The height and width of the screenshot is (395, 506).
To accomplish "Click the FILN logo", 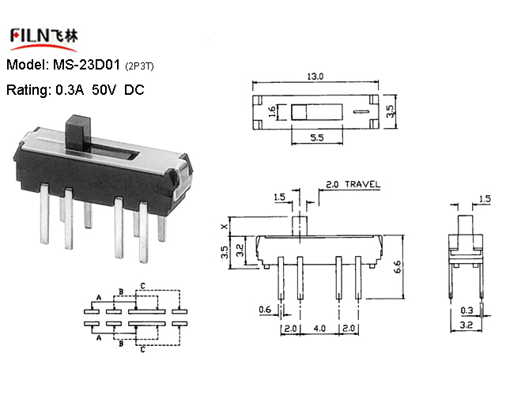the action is [44, 39].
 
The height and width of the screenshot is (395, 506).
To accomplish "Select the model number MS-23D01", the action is [86, 65].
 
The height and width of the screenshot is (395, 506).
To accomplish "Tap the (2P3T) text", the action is [139, 66].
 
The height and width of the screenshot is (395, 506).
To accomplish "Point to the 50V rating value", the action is [104, 89].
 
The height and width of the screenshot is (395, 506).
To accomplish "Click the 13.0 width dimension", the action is [315, 77].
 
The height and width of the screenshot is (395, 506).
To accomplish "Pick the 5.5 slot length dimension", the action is [317, 137].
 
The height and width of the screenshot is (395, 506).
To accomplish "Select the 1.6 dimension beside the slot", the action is [272, 112].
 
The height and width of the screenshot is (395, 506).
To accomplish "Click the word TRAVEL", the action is [362, 184].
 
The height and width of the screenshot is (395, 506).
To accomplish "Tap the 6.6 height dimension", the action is [397, 267].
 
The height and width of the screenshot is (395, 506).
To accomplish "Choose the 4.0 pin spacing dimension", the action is [319, 329].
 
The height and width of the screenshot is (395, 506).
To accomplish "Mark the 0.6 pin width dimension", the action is [265, 310].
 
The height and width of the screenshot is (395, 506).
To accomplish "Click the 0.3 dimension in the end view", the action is [466, 310].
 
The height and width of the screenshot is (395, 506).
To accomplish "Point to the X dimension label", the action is [225, 227].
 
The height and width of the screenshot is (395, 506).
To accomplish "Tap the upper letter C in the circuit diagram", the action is [142, 286].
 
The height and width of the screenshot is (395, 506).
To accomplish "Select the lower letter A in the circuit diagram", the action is [99, 337].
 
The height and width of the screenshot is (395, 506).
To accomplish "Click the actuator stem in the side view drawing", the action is [300, 226].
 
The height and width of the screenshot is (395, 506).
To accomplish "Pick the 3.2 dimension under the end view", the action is [466, 325].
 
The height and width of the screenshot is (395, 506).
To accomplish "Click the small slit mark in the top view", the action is [361, 112].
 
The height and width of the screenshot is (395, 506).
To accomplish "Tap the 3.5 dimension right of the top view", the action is [390, 111].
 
